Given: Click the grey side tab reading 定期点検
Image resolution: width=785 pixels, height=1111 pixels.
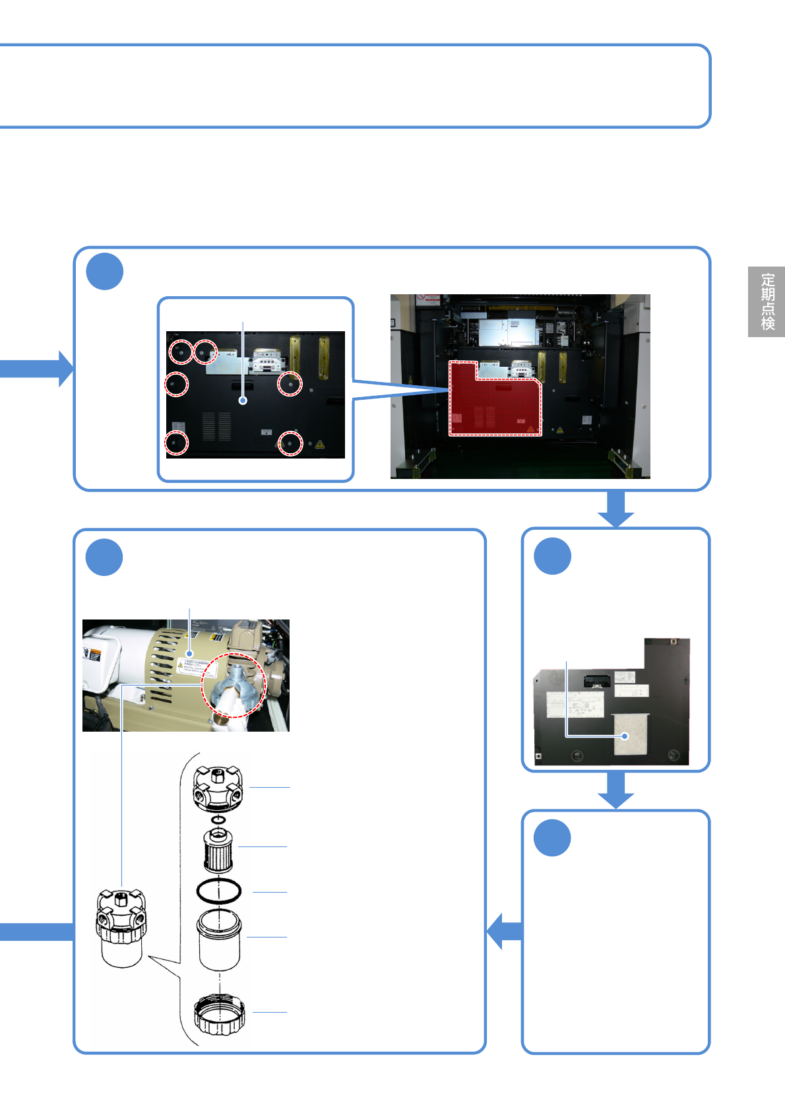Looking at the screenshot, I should (x=767, y=302).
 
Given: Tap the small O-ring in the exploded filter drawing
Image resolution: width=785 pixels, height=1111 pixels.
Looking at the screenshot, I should (x=218, y=820).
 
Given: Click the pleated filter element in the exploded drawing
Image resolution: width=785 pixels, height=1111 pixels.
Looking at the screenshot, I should (x=218, y=850).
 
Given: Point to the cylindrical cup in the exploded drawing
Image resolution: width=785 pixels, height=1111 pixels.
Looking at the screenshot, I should (x=219, y=939).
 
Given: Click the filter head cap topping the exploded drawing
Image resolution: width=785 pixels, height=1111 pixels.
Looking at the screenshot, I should (x=218, y=788).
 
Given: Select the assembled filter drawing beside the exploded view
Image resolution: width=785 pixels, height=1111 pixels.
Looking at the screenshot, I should (x=121, y=927).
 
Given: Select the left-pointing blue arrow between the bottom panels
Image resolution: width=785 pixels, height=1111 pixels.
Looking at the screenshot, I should (x=505, y=931).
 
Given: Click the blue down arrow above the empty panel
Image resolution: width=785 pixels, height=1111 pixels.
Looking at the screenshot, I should (x=616, y=790).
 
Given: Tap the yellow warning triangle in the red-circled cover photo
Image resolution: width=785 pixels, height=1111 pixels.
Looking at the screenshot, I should (x=320, y=445).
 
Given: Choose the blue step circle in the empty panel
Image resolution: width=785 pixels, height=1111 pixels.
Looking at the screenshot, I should (x=552, y=838).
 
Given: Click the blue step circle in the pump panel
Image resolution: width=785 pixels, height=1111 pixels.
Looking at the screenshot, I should (x=104, y=557).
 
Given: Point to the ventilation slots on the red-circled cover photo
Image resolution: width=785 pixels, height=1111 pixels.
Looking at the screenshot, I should (x=216, y=427).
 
